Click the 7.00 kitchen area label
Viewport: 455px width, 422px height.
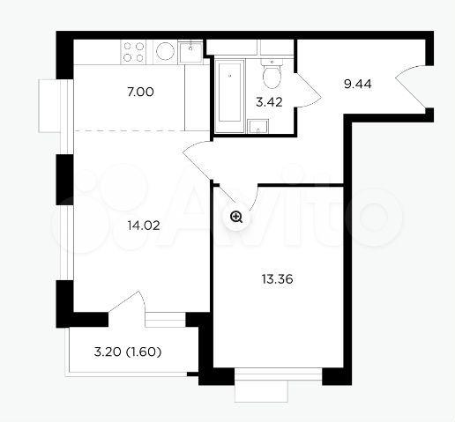(140, 93)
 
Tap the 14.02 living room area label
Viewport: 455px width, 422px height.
(144, 226)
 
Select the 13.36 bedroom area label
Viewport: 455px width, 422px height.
(277, 279)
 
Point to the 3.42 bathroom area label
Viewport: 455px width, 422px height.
(269, 102)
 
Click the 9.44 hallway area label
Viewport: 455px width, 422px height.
(358, 85)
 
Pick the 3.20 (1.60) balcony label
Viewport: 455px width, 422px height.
(128, 352)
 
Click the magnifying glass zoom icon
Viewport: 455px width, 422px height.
(236, 218)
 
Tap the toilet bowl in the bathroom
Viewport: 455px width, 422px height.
(272, 74)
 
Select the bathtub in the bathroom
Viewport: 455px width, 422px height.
(229, 96)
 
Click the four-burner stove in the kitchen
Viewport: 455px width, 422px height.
(133, 52)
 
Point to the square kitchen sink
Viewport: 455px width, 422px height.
(191, 52)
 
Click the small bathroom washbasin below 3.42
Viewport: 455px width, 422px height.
(257, 126)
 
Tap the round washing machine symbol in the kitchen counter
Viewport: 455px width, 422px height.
(165, 51)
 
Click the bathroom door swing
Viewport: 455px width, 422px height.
(308, 90)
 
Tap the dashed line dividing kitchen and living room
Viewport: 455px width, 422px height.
(141, 130)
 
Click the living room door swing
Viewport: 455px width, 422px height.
(197, 159)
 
